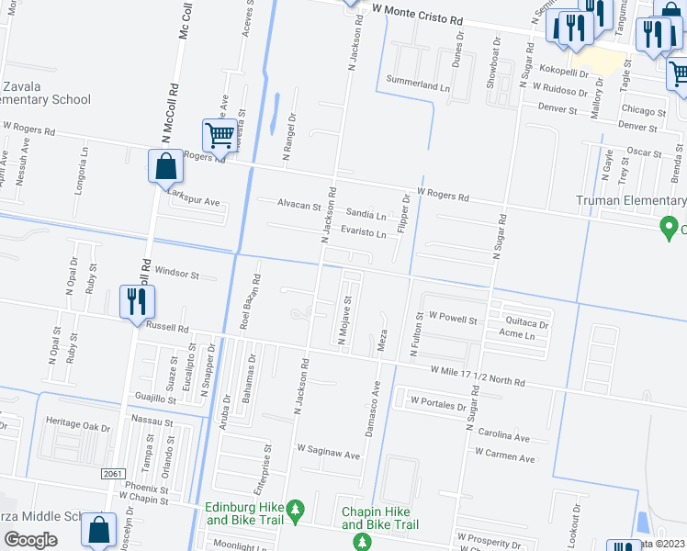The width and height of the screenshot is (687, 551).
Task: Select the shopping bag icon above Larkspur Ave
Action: (x=165, y=167)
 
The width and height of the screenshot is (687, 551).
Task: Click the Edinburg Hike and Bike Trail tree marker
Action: (x=295, y=508)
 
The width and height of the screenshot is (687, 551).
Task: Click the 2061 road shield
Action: (x=111, y=473)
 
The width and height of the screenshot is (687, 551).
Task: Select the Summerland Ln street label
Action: (x=418, y=85)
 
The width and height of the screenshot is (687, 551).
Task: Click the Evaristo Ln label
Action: (x=363, y=233)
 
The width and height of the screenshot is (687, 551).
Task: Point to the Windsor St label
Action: (x=177, y=273)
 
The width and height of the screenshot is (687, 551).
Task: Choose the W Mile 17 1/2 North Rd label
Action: (x=478, y=375)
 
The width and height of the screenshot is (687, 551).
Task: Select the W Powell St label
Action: (x=453, y=320)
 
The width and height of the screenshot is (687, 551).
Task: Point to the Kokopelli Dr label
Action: (x=569, y=70)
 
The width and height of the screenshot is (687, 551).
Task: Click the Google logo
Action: (x=30, y=539)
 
